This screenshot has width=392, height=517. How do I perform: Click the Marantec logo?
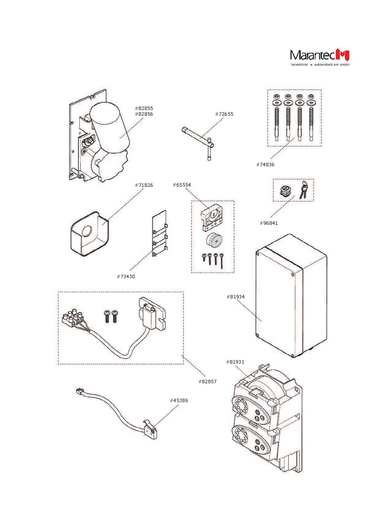(x=320, y=56)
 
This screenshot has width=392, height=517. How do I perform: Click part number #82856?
(x=144, y=114)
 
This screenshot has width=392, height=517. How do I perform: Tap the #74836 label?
(x=265, y=165)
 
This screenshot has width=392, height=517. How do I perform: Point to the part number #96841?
(x=269, y=223)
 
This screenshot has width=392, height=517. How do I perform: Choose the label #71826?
(x=144, y=185)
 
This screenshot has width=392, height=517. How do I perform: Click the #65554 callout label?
(x=182, y=185)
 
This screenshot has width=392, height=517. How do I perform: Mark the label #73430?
(x=126, y=277)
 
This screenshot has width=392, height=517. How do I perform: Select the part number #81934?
(x=236, y=297)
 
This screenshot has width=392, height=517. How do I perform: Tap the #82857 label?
(x=207, y=382)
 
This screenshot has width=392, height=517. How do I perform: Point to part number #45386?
(x=179, y=401)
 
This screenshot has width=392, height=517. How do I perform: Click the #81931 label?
(x=235, y=362)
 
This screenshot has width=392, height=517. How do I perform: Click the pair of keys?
(x=303, y=189)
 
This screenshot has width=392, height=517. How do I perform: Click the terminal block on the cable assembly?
(x=73, y=318)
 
